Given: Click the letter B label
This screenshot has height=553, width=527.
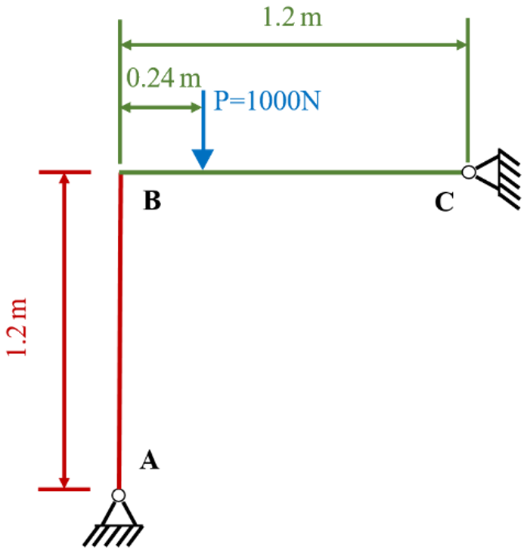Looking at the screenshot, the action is click(x=152, y=200).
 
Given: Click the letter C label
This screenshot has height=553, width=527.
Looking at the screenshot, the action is click(x=444, y=202).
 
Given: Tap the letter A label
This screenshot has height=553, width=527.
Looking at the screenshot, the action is click(x=149, y=460).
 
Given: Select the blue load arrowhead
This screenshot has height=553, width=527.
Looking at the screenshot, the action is click(x=203, y=160).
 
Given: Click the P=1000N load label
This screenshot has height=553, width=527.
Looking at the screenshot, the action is click(x=267, y=101).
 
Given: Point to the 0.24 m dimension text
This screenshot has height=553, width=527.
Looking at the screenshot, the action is click(x=163, y=78).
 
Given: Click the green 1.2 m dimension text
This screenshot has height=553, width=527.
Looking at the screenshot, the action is click(x=292, y=17).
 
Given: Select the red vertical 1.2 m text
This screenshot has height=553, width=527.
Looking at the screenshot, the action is click(x=17, y=327).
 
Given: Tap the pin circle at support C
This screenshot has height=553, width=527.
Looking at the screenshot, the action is click(x=469, y=172).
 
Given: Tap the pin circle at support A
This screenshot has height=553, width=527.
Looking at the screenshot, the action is click(x=119, y=496).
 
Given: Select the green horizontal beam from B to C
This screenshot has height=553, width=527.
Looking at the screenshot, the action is click(x=291, y=172).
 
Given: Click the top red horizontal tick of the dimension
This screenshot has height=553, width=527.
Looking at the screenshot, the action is click(x=65, y=172).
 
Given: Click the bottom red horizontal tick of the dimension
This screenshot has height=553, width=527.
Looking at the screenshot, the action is click(x=64, y=489).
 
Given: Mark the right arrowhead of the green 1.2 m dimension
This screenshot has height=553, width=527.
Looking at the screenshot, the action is click(x=461, y=45).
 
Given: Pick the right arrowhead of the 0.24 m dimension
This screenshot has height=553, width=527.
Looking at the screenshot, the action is click(x=196, y=107).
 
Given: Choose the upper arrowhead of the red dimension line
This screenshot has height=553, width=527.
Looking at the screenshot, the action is click(x=64, y=179).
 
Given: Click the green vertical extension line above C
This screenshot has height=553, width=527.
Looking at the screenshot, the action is click(x=468, y=92).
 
